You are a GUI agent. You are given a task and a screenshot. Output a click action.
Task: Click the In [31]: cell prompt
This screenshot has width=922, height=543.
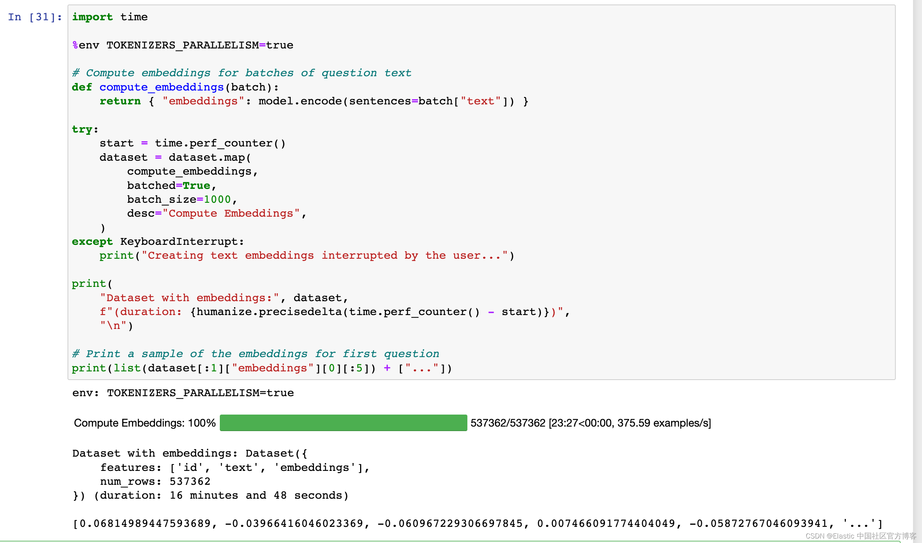pyautogui.click(x=35, y=17)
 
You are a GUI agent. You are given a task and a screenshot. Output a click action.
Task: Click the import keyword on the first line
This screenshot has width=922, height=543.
pyautogui.click(x=92, y=17)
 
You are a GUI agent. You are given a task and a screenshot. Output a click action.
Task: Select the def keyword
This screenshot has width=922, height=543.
pyautogui.click(x=82, y=87)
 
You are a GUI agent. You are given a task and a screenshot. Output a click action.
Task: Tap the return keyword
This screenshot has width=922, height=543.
pyautogui.click(x=120, y=101)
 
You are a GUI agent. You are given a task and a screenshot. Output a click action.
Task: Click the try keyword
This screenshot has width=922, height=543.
pyautogui.click(x=82, y=129)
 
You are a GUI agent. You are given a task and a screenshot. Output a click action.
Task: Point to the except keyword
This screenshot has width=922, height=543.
pyautogui.click(x=92, y=241)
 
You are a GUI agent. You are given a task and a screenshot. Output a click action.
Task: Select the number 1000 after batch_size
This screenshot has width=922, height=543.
pyautogui.click(x=217, y=199)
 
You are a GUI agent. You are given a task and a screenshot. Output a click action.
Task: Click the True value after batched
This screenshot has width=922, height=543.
pyautogui.click(x=196, y=186)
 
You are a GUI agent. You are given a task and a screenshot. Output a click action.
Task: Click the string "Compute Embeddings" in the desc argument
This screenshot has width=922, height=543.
pyautogui.click(x=231, y=213)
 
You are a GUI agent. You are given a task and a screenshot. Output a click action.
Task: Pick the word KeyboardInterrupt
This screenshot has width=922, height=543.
pyautogui.click(x=179, y=241)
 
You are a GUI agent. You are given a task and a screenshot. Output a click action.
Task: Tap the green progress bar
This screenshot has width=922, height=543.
pyautogui.click(x=343, y=423)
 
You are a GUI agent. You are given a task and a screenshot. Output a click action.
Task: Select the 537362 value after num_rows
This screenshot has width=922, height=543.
pyautogui.click(x=190, y=481)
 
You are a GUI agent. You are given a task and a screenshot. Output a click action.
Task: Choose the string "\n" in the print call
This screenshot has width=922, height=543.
pyautogui.click(x=113, y=326)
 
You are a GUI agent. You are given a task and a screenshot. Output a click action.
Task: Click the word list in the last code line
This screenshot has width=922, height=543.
pyautogui.click(x=127, y=368)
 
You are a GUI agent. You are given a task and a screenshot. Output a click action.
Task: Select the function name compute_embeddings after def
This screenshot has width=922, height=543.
pyautogui.click(x=161, y=87)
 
